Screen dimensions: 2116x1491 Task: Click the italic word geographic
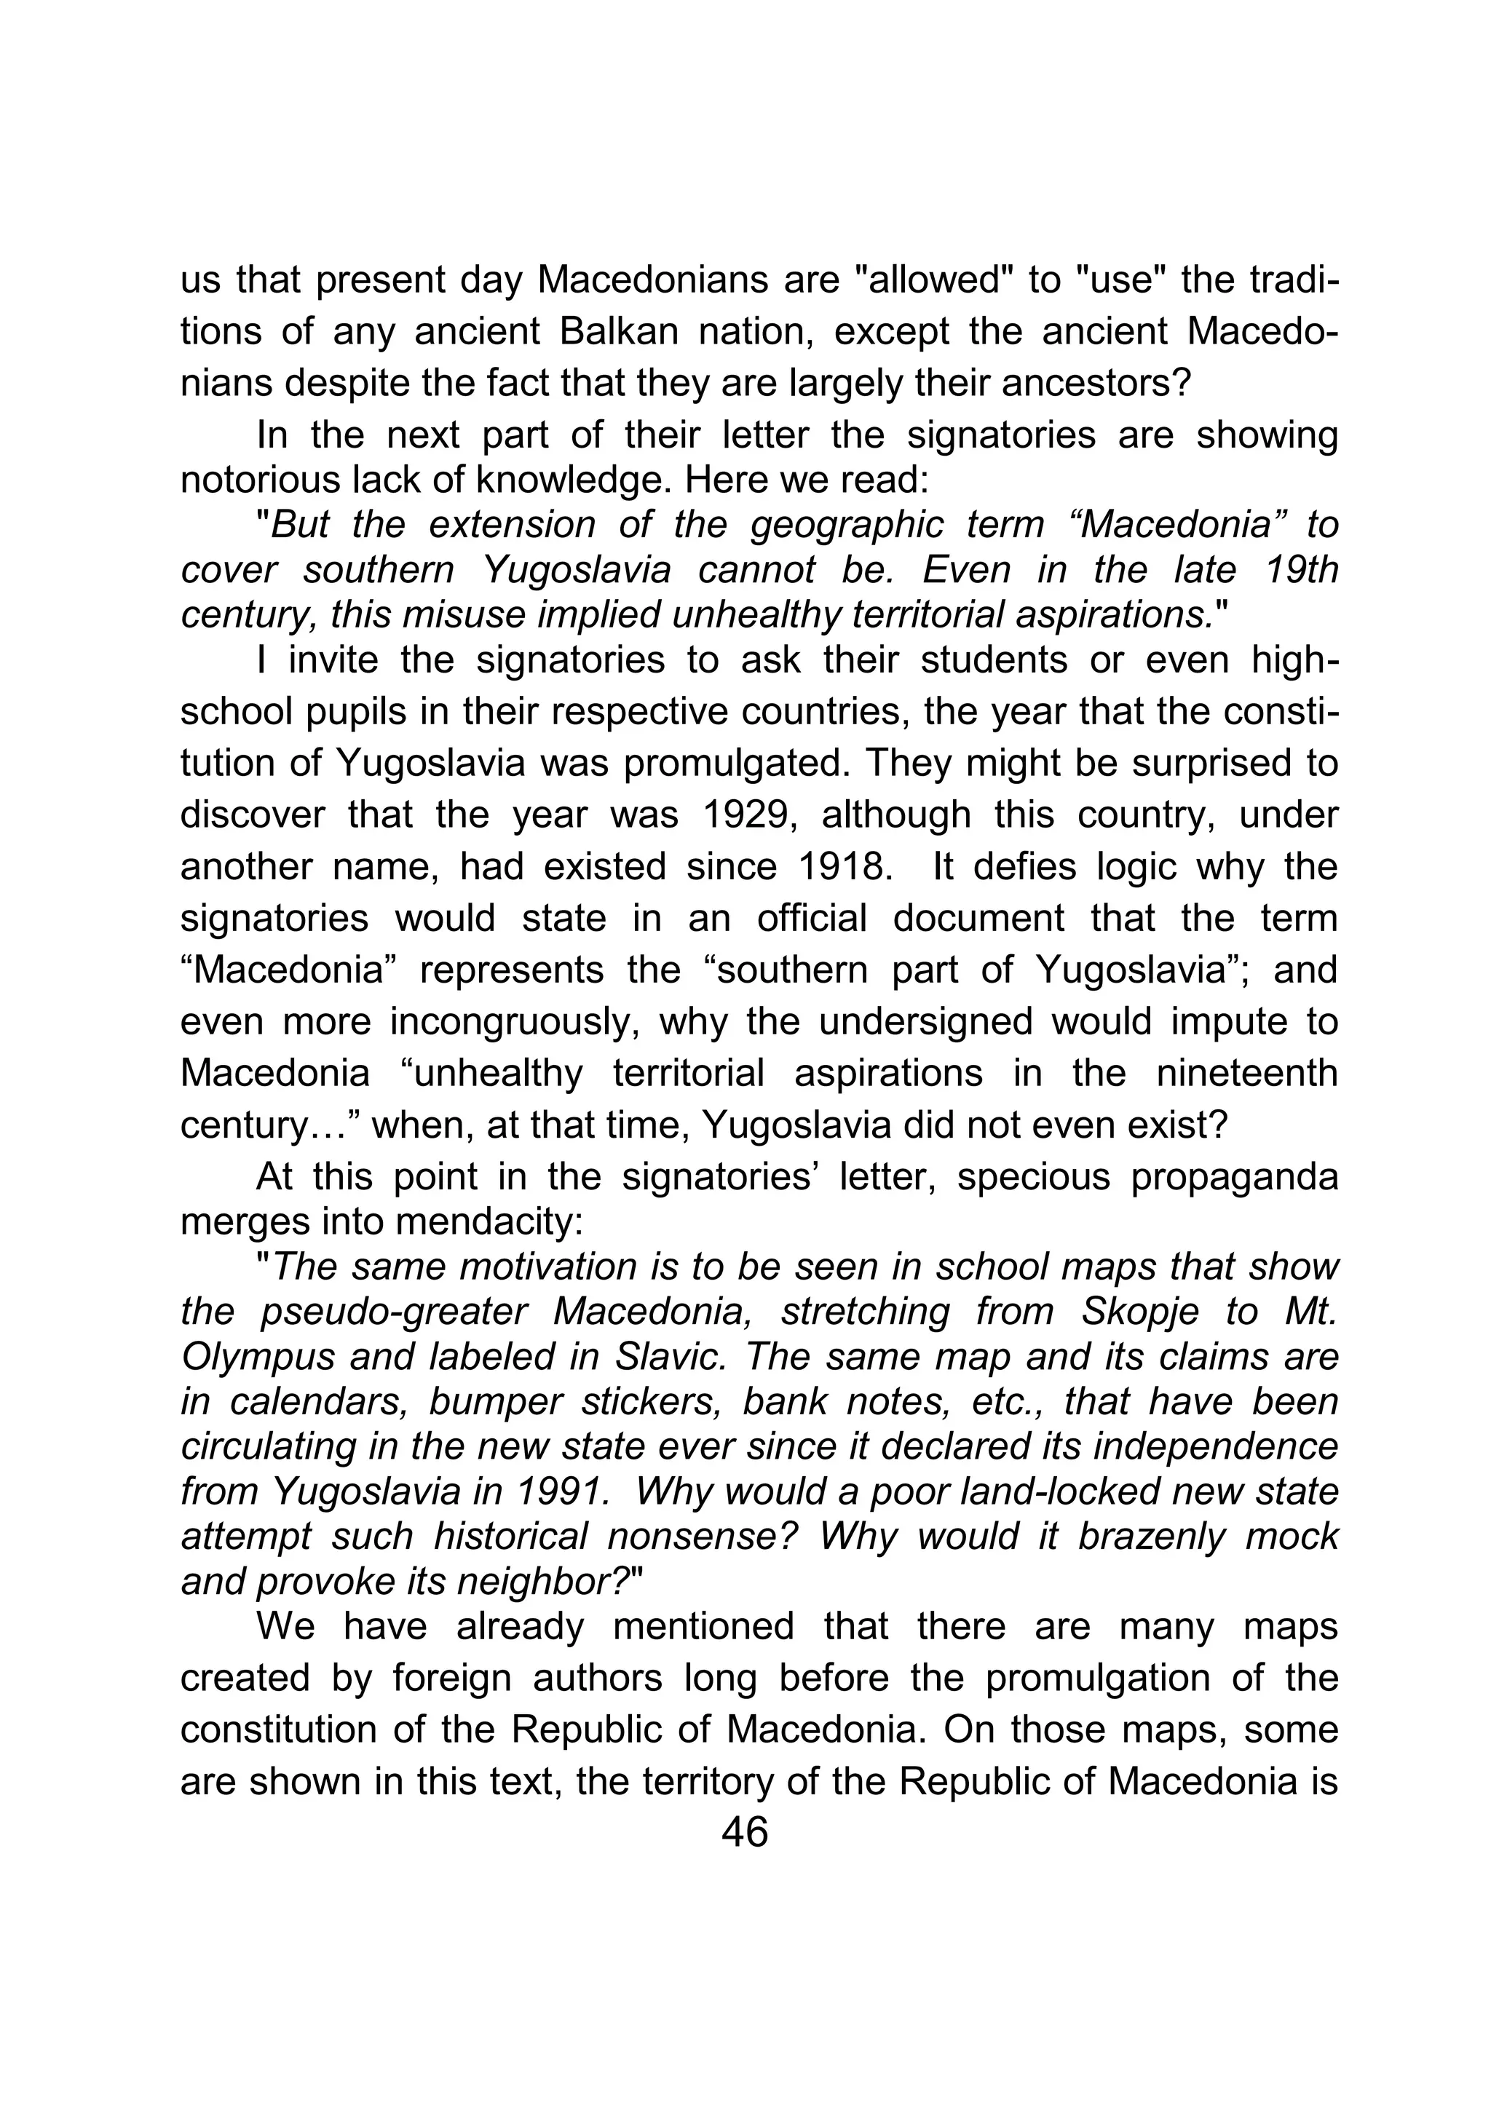tap(847, 526)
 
